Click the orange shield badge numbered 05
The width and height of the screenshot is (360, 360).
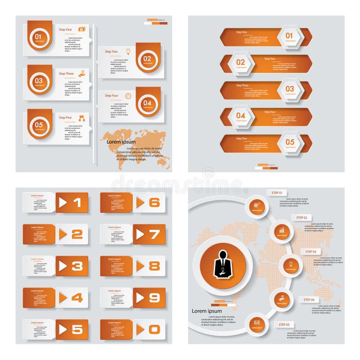[x=40, y=124]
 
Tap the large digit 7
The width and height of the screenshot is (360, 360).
[x=154, y=234]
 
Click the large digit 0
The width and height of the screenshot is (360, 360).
[x=154, y=329]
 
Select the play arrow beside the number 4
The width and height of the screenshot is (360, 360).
[x=63, y=297]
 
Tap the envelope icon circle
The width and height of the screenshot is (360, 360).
[x=257, y=322]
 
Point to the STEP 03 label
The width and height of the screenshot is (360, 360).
[x=311, y=252]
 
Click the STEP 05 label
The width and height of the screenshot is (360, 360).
[x=284, y=324]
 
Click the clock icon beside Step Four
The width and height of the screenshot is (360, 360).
[x=128, y=96]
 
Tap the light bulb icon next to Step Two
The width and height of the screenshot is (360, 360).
[x=128, y=51]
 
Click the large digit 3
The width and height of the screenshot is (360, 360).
[x=77, y=266]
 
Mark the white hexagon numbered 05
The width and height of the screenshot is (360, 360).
[x=289, y=143]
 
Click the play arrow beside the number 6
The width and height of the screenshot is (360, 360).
[x=140, y=202]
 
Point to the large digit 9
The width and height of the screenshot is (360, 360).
[x=154, y=297]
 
